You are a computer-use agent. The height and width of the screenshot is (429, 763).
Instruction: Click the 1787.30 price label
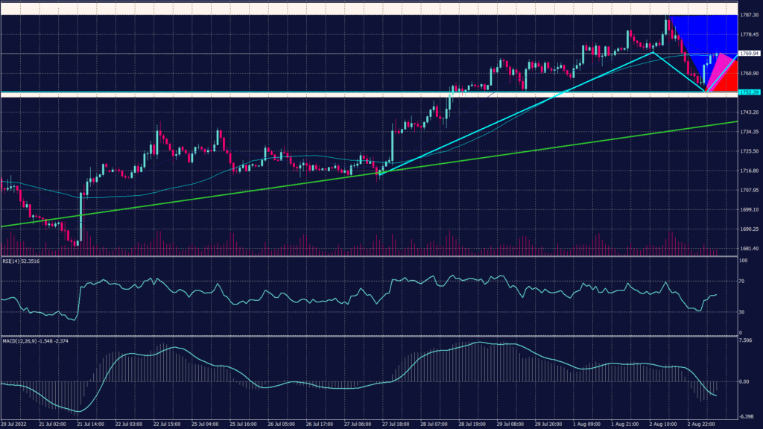click(x=750, y=15)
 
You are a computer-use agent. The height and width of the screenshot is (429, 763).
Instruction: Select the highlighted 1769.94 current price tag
click(x=749, y=54)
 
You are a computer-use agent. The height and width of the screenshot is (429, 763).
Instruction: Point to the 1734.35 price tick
click(x=750, y=132)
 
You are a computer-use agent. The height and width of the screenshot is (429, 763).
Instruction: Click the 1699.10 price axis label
click(x=750, y=209)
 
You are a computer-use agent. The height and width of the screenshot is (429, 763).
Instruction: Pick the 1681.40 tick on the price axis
click(x=750, y=248)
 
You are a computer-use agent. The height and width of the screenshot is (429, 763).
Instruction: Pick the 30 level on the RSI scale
click(x=742, y=311)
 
